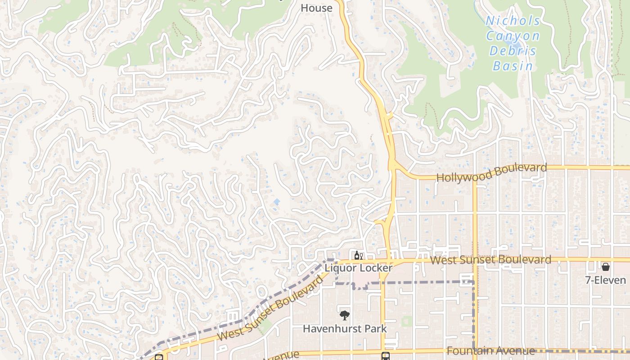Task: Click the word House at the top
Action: (316, 8)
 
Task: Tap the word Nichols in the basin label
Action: (513, 21)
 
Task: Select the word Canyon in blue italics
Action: (513, 36)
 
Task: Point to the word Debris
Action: (513, 50)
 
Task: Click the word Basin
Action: (513, 66)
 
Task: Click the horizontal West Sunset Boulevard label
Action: (490, 260)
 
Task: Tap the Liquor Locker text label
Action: (359, 268)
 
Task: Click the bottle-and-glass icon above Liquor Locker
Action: (358, 256)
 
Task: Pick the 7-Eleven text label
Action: (605, 280)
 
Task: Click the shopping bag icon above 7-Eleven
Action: (606, 267)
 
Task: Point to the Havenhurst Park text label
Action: (344, 328)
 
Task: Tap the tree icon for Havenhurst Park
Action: (344, 315)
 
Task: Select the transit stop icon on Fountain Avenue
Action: (386, 356)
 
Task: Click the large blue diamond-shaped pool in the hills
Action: (276, 202)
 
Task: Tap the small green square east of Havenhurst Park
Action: (407, 321)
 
